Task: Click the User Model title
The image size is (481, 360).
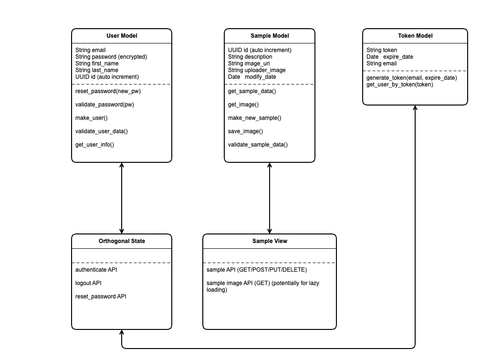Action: pyautogui.click(x=122, y=36)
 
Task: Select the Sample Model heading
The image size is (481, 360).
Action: pyautogui.click(x=270, y=36)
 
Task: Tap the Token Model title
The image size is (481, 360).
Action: pyautogui.click(x=415, y=36)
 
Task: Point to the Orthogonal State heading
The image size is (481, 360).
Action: pyautogui.click(x=122, y=241)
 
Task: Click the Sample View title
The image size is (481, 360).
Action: pyautogui.click(x=270, y=241)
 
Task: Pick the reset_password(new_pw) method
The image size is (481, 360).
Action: pyautogui.click(x=108, y=91)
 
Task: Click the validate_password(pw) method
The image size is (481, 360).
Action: pyautogui.click(x=105, y=105)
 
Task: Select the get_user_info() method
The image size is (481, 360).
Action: pyautogui.click(x=94, y=145)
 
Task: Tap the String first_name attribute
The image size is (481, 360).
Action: pyautogui.click(x=97, y=64)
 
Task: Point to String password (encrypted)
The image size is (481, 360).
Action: pyautogui.click(x=111, y=57)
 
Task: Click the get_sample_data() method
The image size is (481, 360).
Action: pyautogui.click(x=252, y=91)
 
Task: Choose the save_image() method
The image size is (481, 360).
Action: pyautogui.click(x=245, y=131)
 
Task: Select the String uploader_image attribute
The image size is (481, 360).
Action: pyautogui.click(x=257, y=70)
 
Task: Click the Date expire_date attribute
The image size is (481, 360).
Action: pyautogui.click(x=389, y=57)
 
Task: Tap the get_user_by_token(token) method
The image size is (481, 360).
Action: pyautogui.click(x=400, y=85)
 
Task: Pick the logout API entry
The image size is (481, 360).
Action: pyautogui.click(x=88, y=283)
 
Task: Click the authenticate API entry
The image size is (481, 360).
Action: pyautogui.click(x=96, y=269)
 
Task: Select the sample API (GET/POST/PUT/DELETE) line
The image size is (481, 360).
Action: pyautogui.click(x=257, y=269)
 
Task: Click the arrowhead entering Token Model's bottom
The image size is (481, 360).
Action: pyautogui.click(x=415, y=107)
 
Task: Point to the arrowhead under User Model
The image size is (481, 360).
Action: pyautogui.click(x=122, y=165)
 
